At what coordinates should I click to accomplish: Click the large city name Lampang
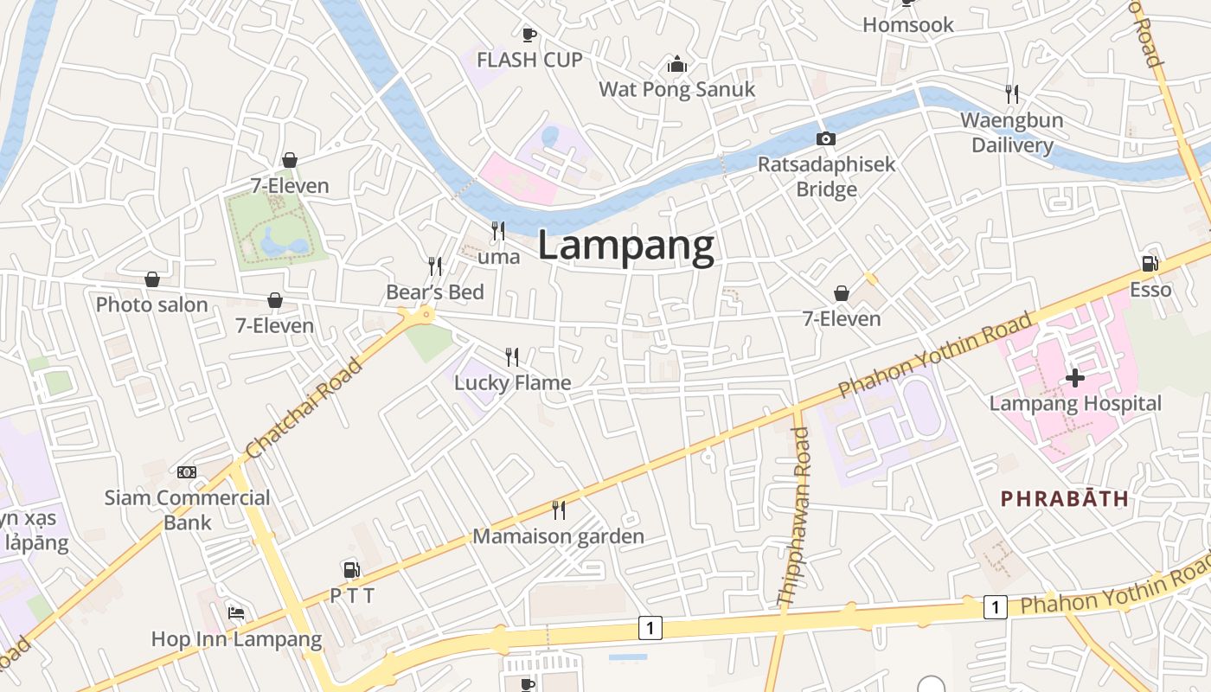[626, 246]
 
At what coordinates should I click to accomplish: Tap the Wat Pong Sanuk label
[676, 89]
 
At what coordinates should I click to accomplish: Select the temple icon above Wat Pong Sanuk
[676, 65]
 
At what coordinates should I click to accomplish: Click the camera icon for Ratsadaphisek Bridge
[826, 138]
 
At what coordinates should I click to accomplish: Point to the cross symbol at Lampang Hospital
[1075, 378]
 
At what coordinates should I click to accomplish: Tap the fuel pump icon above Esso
[1150, 264]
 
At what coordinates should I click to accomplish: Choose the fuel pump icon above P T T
[352, 569]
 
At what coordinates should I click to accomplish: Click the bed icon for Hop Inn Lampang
[236, 612]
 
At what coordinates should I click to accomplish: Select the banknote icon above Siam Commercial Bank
[187, 471]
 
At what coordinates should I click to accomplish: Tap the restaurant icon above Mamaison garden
[559, 510]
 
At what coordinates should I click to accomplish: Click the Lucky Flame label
[513, 382]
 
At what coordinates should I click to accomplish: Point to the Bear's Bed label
[435, 292]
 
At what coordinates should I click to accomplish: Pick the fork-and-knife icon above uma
[498, 230]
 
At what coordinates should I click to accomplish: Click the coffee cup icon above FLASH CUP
[529, 35]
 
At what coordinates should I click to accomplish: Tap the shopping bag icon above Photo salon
[152, 279]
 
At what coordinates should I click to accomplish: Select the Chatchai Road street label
[304, 409]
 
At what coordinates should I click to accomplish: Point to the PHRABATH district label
[1064, 498]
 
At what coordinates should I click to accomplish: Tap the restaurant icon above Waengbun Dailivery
[1011, 93]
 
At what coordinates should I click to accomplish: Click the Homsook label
[908, 24]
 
